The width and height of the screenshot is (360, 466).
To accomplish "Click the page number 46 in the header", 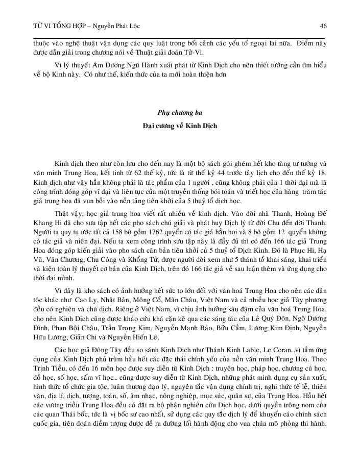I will pyautogui.click(x=323, y=25).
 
